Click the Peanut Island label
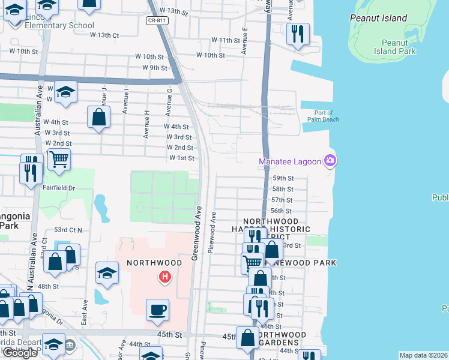click(x=379, y=18)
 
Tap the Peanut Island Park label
click(x=399, y=47)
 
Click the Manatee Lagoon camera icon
click(x=330, y=160)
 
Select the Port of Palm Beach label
click(x=327, y=116)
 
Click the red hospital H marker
click(x=164, y=277)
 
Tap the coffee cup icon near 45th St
click(x=158, y=310)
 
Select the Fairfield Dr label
click(x=59, y=188)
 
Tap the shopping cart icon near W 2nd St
click(x=59, y=160)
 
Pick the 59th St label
click(x=282, y=178)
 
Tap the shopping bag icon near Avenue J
click(x=99, y=117)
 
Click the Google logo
click(x=20, y=353)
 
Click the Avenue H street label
click(x=146, y=124)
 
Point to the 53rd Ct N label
click(x=68, y=230)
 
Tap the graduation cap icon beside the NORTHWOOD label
click(x=107, y=273)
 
